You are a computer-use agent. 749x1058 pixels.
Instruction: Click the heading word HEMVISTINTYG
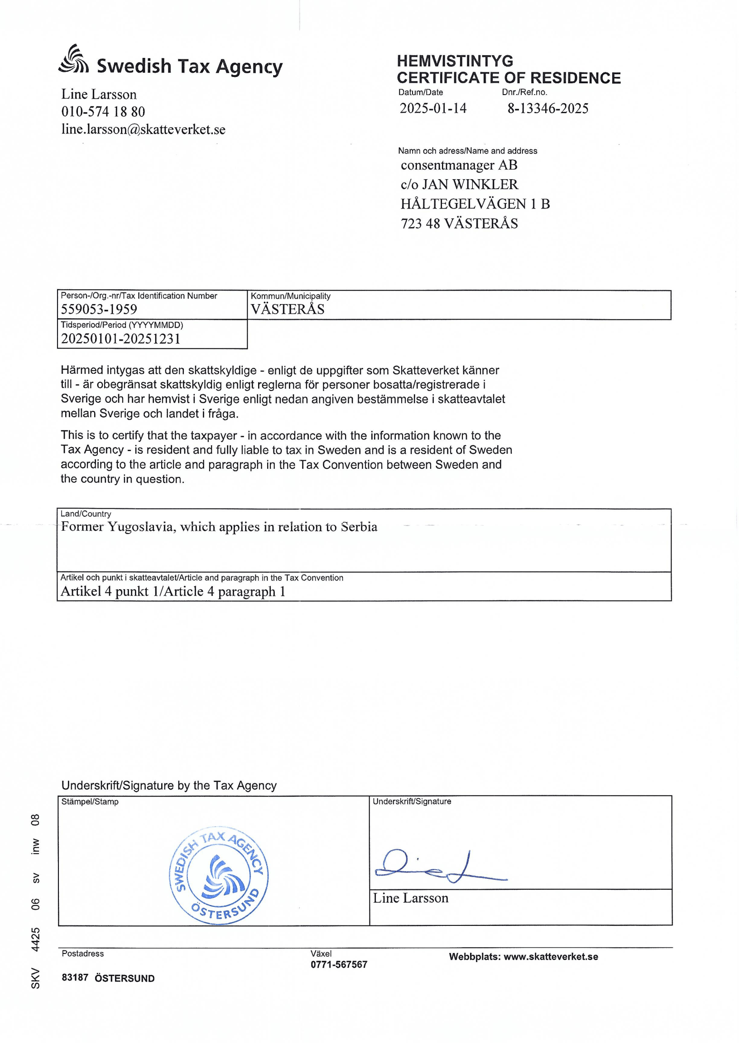tap(455, 61)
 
